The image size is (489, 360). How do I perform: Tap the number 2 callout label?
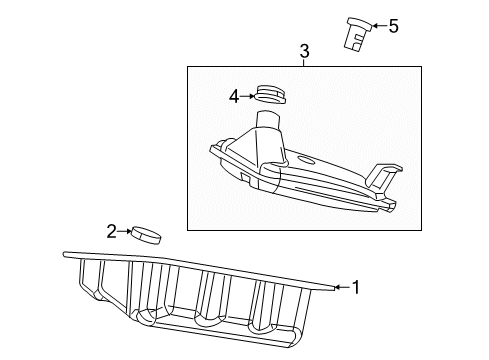(112, 232)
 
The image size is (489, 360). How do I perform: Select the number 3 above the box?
(304, 49)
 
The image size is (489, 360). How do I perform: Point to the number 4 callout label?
(233, 96)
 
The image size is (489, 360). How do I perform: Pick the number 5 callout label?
(393, 26)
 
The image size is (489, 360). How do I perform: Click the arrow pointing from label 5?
(378, 26)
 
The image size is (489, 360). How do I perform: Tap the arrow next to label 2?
(127, 232)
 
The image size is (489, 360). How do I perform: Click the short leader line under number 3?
(304, 61)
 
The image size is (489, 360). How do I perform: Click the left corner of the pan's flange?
(67, 254)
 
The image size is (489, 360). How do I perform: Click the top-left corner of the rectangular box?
(187, 67)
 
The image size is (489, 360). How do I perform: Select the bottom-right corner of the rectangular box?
(421, 226)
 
